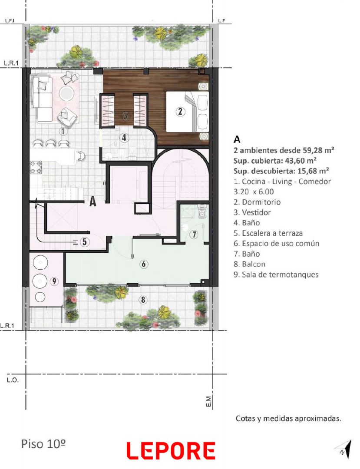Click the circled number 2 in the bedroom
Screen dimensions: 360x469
(x=180, y=112)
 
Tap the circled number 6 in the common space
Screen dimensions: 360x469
(x=144, y=264)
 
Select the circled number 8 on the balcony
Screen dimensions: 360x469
(x=143, y=299)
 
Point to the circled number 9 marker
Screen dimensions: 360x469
(x=54, y=281)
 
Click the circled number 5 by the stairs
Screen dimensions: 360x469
(x=85, y=242)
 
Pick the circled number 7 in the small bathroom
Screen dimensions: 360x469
(x=195, y=234)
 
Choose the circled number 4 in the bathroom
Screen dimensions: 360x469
(x=124, y=138)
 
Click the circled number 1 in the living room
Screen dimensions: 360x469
(x=63, y=131)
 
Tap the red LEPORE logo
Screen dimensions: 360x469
(x=171, y=451)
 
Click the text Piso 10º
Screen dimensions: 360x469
(x=43, y=444)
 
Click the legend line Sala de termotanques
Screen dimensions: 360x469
(x=276, y=274)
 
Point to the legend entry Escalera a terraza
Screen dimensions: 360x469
(x=268, y=233)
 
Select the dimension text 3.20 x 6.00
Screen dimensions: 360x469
(x=254, y=192)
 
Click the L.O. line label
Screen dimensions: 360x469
(x=13, y=380)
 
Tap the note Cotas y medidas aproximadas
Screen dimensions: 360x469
(x=288, y=419)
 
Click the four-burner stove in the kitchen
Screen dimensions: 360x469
(x=36, y=167)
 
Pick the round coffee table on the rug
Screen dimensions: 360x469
(x=66, y=94)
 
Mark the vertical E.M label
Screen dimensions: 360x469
(x=209, y=401)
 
